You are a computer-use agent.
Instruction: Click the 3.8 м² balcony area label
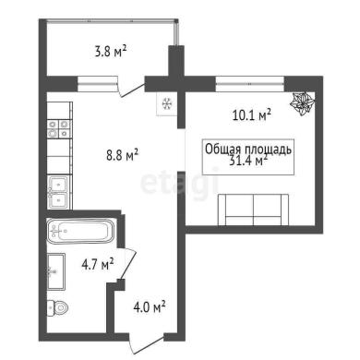[x=111, y=52]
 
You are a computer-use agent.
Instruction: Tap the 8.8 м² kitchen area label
[x=123, y=155]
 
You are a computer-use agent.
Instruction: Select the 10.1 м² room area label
[x=251, y=115]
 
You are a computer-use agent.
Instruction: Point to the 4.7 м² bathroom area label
[x=98, y=264]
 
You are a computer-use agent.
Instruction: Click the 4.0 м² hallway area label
[x=150, y=307]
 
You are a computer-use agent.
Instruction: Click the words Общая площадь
[x=248, y=150]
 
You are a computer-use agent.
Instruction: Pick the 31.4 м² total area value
[x=248, y=161]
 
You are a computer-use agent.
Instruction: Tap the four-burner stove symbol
[x=60, y=128]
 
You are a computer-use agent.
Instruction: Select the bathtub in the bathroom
[x=80, y=231]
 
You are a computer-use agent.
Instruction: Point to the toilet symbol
[x=58, y=307]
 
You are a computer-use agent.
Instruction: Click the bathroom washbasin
[x=56, y=271]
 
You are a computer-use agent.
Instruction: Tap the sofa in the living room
[x=253, y=210]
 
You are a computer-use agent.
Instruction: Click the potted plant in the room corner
[x=303, y=103]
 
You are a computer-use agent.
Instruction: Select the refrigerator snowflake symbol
[x=167, y=103]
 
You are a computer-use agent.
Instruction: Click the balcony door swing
[x=131, y=90]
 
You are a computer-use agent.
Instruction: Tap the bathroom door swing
[x=127, y=264]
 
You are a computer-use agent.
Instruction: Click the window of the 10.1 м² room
[x=249, y=84]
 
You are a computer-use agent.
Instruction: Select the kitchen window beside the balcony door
[x=98, y=84]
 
